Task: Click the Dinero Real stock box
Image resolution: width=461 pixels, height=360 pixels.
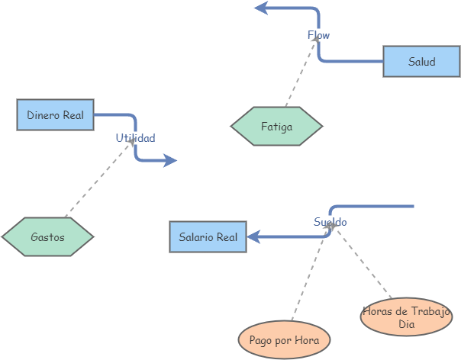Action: [x=55, y=115]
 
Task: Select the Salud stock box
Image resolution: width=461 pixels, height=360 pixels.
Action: [x=421, y=62]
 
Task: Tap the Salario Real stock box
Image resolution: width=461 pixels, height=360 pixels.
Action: [x=208, y=237]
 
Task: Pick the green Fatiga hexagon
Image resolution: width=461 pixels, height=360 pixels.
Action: [x=276, y=127]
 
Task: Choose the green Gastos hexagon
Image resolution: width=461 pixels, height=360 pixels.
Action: [x=47, y=237]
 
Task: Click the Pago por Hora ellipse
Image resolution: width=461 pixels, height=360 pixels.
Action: [x=284, y=339]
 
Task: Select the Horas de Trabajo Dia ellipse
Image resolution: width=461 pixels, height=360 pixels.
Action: [x=406, y=317]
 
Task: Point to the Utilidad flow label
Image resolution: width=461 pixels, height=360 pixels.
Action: [x=135, y=138]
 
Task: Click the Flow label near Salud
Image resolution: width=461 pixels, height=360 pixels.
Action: [x=319, y=35]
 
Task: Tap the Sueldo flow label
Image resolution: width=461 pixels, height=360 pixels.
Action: [x=330, y=222]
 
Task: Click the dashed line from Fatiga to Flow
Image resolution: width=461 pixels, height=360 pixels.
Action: [x=300, y=73]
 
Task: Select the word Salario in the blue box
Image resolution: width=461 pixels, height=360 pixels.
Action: [x=196, y=237]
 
